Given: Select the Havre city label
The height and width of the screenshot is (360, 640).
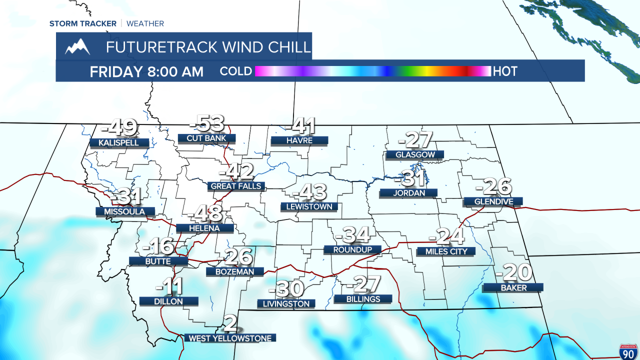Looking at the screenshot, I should [299, 140].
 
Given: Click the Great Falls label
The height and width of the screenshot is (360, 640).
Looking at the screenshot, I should [236, 186].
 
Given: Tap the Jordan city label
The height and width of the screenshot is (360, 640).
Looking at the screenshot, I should [409, 193].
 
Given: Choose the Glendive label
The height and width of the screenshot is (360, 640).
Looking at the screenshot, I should [493, 201].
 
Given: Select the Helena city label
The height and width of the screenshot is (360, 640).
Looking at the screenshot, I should [204, 228].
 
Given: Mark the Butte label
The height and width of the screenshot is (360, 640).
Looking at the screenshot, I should [158, 261].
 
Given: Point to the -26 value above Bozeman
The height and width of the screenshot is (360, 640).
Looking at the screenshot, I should [235, 257].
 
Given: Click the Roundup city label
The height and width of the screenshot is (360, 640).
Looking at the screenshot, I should [352, 249].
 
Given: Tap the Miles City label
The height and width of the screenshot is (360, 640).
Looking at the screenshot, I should [446, 251].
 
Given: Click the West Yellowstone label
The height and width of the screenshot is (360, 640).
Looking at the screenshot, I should [230, 338].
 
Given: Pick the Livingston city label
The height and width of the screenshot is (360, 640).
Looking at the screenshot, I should [286, 303].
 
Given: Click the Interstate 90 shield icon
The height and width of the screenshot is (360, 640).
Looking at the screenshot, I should [627, 351].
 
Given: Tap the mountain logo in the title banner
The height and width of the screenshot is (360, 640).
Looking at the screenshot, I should [77, 46].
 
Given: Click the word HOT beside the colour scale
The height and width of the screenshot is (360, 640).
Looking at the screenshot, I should [505, 71].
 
